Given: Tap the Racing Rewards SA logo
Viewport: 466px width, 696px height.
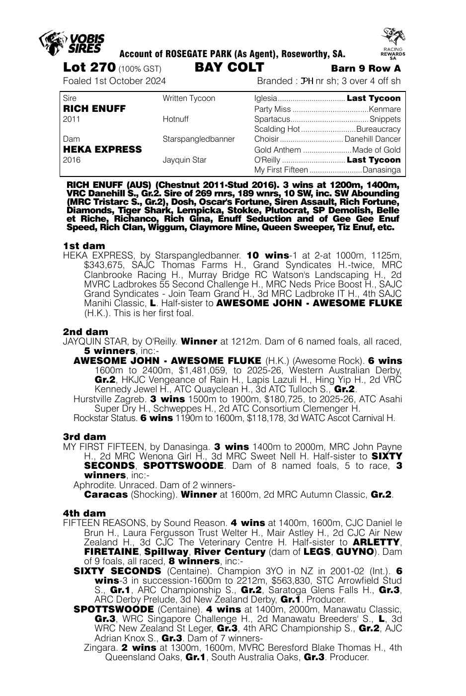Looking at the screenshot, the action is tap(393, 44).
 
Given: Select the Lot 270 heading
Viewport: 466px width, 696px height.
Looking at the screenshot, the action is tap(89, 68).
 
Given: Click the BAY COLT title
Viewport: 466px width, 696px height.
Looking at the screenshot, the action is tap(230, 68).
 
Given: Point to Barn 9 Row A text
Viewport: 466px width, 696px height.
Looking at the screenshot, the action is tap(366, 69).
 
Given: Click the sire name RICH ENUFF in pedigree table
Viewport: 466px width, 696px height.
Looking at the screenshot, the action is tap(94, 108).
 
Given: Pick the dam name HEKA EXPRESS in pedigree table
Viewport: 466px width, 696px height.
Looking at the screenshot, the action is tap(102, 149).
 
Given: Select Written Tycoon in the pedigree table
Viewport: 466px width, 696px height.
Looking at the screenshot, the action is tap(189, 98).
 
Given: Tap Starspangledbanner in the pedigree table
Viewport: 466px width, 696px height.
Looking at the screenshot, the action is tap(199, 139).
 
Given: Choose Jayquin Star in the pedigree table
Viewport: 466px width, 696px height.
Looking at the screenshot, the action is tap(185, 160).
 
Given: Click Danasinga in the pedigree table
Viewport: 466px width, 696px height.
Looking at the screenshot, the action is tap(382, 170).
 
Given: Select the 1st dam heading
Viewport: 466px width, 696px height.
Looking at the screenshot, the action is tap(84, 246).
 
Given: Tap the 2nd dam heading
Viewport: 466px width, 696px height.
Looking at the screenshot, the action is tap(85, 332).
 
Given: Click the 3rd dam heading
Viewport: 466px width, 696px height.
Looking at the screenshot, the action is tap(84, 437).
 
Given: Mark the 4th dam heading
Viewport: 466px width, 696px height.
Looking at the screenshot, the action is tap(84, 513).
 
